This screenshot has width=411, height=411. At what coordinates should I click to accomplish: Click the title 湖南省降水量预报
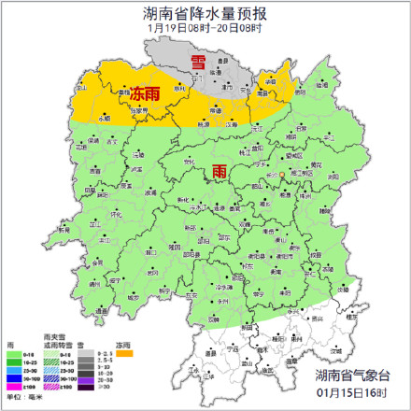[x=205, y=13]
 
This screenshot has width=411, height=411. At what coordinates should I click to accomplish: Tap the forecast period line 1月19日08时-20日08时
[x=205, y=29]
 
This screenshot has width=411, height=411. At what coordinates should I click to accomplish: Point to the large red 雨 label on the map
[x=219, y=171]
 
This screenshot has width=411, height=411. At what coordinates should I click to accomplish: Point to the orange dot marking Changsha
[x=281, y=175]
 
